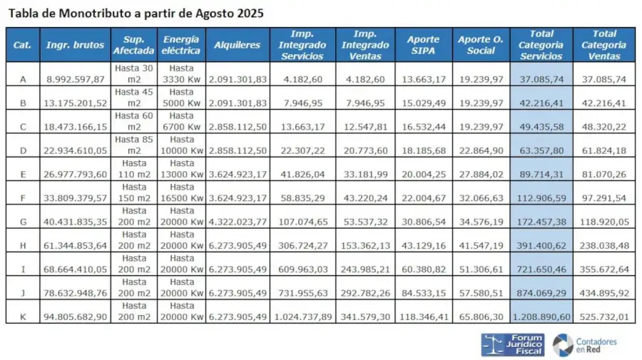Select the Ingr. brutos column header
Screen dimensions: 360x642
pos(75,45)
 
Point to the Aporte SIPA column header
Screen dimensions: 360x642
pos(423,45)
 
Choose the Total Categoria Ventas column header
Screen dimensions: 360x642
pos(604,45)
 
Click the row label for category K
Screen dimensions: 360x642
pos(23,312)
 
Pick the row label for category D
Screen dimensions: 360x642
pos(23,145)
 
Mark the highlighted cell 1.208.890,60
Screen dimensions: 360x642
pos(541,312)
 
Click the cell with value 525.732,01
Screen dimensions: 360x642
pos(604,312)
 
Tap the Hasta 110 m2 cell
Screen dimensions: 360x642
pos(134,169)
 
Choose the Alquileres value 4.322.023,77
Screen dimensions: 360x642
pos(238,217)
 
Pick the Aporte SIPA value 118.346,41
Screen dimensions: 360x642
pos(423,312)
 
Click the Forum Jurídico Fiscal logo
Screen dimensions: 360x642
pos(512,344)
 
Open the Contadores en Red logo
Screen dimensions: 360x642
pos(586,345)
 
